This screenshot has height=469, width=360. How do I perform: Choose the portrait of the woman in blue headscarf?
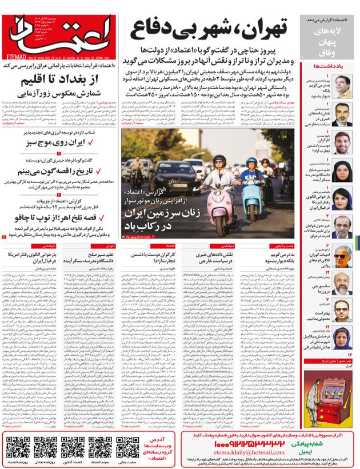click(x=342, y=199)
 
